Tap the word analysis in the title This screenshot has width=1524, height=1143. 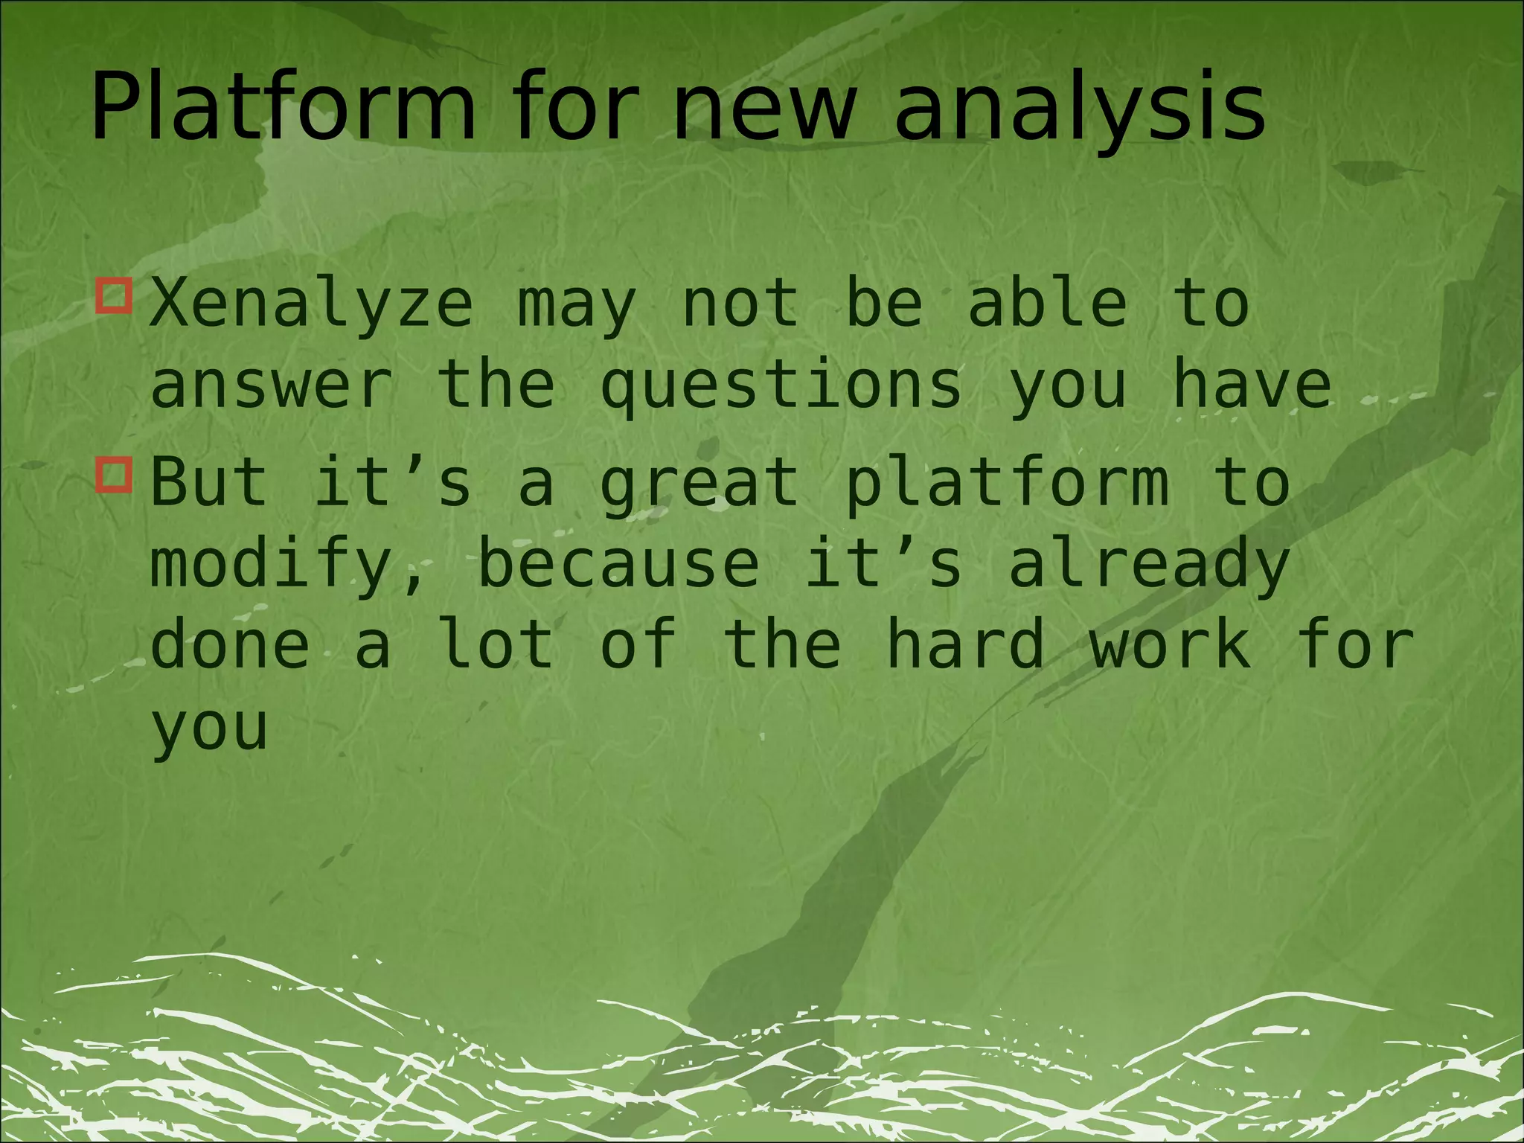pos(1079,108)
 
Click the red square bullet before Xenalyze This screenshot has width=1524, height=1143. pos(115,296)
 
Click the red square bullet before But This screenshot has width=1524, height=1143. pos(115,476)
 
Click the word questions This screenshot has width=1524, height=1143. pos(781,387)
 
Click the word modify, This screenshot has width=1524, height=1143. pos(286,566)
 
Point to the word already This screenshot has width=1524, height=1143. pos(1149,566)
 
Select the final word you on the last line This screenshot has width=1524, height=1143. pos(208,729)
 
